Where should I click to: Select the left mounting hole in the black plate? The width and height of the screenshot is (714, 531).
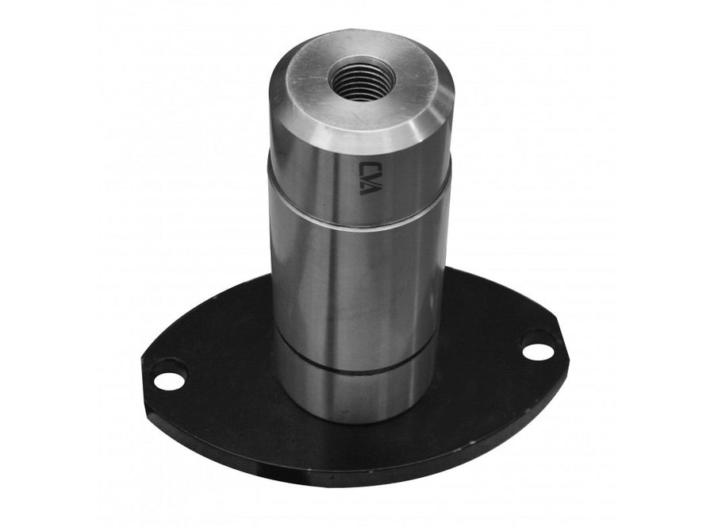[x=169, y=379]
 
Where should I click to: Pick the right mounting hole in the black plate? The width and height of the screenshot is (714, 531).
[x=536, y=351]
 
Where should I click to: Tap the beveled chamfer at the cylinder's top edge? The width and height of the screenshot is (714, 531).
[x=364, y=132]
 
